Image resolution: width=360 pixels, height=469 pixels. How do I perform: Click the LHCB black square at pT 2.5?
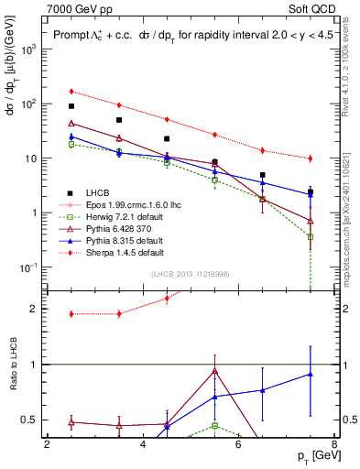(71, 106)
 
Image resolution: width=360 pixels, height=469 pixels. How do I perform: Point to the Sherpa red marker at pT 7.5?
(311, 158)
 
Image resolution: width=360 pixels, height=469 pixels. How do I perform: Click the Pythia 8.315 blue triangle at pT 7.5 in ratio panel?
(311, 374)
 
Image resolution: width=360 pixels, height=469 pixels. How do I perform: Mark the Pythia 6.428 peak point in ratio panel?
(214, 371)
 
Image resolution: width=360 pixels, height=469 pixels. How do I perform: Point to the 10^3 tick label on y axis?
(28, 49)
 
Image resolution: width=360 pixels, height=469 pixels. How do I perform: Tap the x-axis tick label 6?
(238, 445)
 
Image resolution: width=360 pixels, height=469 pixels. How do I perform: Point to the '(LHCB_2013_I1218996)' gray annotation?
(191, 274)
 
